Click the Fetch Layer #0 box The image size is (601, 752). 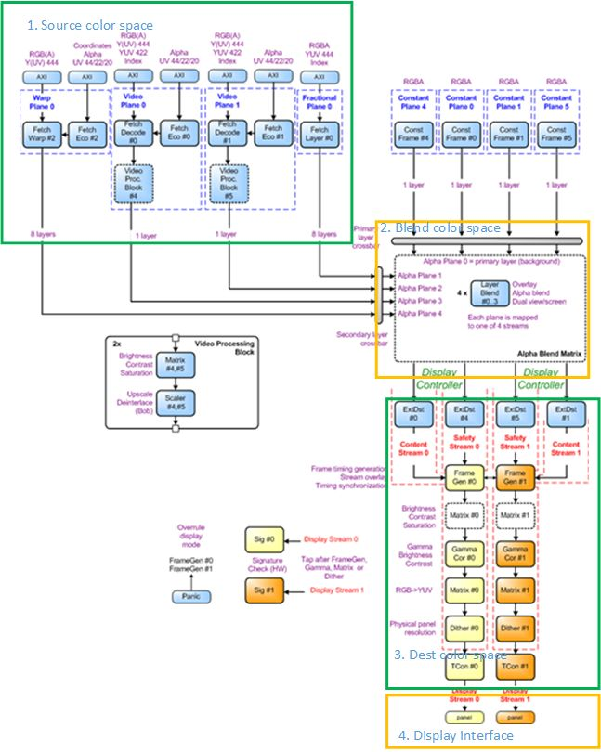point(320,135)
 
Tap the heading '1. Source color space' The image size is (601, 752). point(90,25)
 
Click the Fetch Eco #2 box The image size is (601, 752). point(87,135)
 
